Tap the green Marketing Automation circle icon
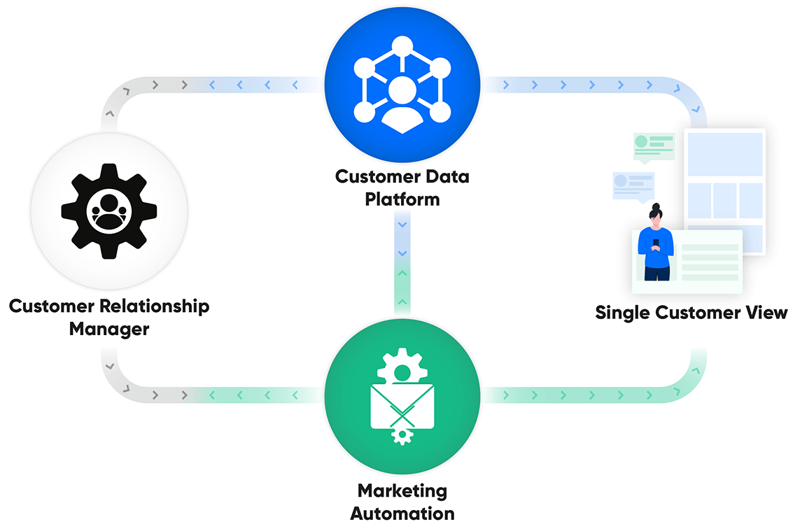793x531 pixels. click(402, 395)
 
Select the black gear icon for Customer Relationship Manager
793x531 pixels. click(108, 211)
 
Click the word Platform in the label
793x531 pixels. click(402, 199)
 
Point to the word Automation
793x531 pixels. click(402, 513)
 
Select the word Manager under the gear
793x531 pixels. click(108, 328)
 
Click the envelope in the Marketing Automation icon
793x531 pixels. click(402, 406)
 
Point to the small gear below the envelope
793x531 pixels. click(402, 437)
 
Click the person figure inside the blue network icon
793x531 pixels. click(402, 105)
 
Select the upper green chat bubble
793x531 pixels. click(653, 146)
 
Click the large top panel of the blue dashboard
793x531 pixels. click(724, 155)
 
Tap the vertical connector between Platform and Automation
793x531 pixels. click(402, 262)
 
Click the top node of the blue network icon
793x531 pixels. click(402, 46)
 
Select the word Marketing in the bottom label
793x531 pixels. click(402, 490)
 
